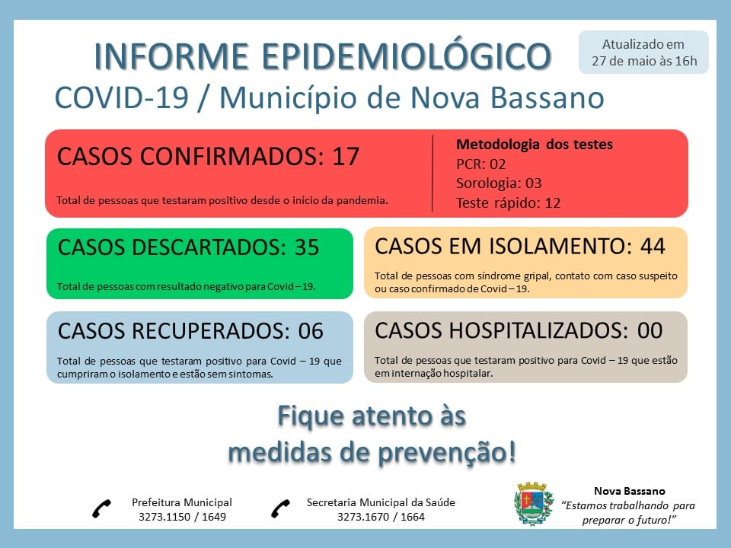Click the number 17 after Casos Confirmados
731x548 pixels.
pos(346,156)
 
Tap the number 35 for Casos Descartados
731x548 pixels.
pos(306,247)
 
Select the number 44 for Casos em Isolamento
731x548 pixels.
pos(653,246)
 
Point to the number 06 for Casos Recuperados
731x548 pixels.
pos(311,331)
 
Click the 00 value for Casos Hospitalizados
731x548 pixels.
pos(650,330)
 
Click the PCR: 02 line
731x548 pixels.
pos(480,164)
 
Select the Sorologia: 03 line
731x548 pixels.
pos(499,183)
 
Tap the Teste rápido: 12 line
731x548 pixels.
pos(508,202)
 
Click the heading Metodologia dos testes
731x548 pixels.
pos(535,145)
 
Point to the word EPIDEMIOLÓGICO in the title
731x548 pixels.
pos(407,56)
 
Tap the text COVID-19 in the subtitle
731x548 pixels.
pos(122,98)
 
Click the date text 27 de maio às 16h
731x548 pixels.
pos(644,61)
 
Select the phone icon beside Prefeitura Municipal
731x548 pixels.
pos(101,508)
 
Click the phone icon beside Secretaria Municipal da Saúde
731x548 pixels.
pos(280,508)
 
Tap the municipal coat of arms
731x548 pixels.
pos(534,504)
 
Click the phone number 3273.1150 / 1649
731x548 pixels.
pos(182,517)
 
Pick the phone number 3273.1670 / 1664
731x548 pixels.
pos(381,517)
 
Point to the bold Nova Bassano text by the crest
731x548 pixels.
pos(630,491)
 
